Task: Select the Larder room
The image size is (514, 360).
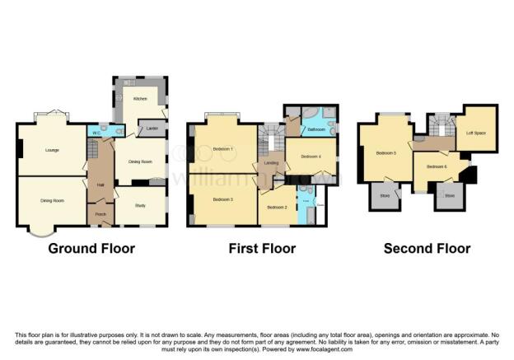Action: tap(152, 129)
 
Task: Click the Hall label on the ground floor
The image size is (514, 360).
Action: tap(100, 185)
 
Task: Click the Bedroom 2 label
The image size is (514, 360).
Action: tap(277, 207)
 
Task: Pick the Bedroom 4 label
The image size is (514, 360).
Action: tap(310, 156)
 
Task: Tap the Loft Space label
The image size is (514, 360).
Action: tap(476, 132)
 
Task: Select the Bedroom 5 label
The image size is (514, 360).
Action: tap(385, 152)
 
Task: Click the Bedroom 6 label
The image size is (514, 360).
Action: tap(437, 166)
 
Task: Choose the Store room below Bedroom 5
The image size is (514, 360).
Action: tap(384, 197)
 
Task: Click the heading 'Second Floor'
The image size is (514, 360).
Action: tap(427, 248)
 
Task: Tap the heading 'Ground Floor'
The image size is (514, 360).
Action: tap(91, 248)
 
